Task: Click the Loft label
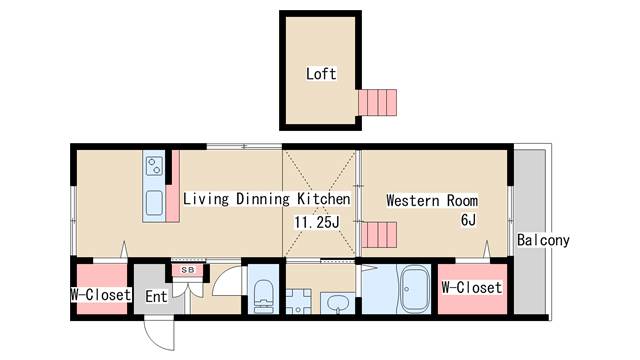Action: pos(321,74)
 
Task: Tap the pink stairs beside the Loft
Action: pos(378,102)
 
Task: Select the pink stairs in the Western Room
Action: pos(379,235)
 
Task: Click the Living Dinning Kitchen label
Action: pos(267,199)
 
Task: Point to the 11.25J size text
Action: pos(317,222)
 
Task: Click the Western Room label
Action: pos(432,200)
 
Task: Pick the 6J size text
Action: pos(468,220)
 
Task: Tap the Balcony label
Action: pos(543,240)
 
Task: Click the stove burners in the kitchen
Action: pos(154,167)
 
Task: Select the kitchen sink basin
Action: pos(154,203)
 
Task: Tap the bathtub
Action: pos(415,289)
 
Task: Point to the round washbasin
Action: pos(337,304)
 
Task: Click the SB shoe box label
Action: pos(188,270)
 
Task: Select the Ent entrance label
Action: pos(156,296)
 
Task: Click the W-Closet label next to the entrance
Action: pos(101,294)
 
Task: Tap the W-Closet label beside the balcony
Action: pos(472,287)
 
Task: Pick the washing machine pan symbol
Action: pos(298,302)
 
